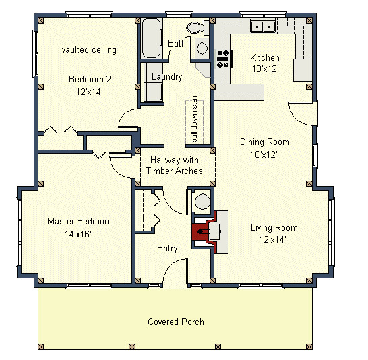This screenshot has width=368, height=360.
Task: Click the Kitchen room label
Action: (x=264, y=57)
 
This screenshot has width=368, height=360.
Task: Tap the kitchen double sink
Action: (x=262, y=26)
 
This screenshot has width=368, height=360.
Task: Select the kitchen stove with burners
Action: (x=222, y=59)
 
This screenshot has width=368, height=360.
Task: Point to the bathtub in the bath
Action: (x=152, y=34)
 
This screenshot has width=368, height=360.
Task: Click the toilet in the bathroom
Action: (x=195, y=28)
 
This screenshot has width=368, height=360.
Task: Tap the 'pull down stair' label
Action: (x=194, y=121)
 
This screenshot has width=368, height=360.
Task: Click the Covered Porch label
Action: (x=176, y=322)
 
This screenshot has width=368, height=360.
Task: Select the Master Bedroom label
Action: (x=80, y=221)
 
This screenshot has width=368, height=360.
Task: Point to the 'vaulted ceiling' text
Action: (x=89, y=49)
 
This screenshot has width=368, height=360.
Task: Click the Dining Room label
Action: (x=265, y=142)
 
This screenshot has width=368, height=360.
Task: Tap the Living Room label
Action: (x=274, y=227)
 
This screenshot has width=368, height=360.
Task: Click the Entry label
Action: (x=167, y=249)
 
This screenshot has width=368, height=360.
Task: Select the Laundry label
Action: (x=166, y=77)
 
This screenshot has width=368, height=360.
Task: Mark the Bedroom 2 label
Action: (x=90, y=80)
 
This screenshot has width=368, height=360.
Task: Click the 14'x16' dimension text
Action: (x=79, y=234)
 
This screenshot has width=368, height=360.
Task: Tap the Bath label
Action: (x=177, y=43)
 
